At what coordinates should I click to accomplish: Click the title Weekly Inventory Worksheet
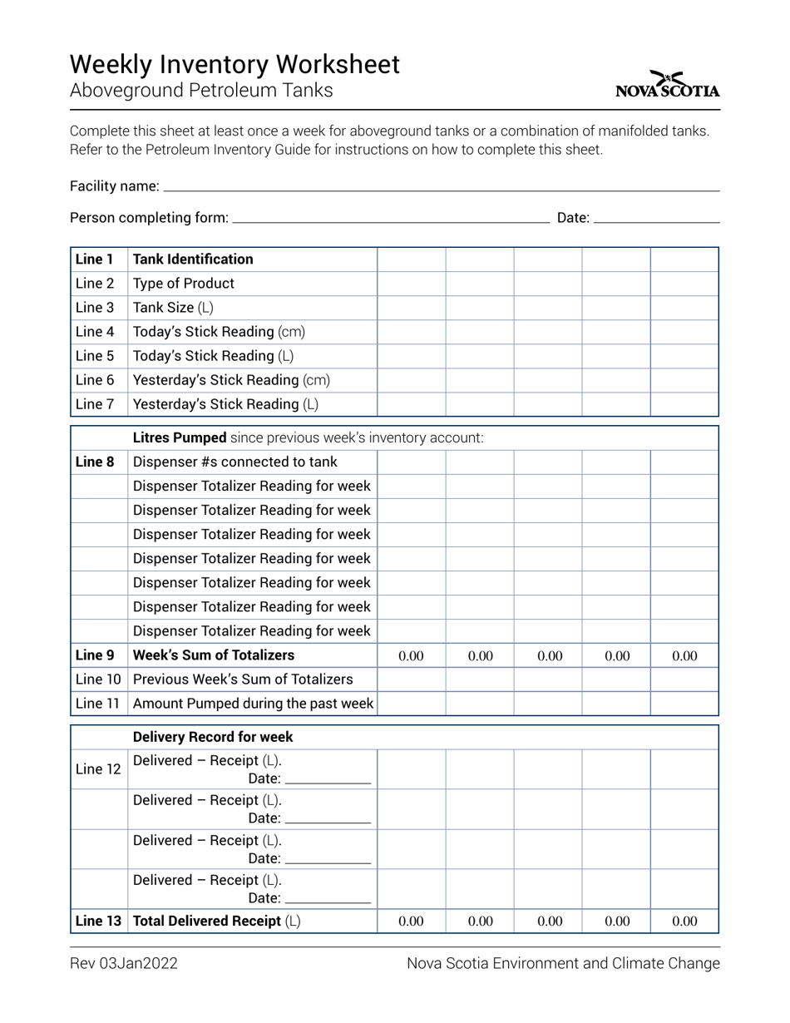235,64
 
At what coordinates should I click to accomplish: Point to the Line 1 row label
94,259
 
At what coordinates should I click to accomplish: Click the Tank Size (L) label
173,308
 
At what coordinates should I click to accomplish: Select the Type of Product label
184,284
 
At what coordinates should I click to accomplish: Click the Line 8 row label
94,462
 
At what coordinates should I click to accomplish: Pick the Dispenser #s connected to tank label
235,462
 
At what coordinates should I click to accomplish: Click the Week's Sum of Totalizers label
214,655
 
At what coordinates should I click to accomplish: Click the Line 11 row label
97,704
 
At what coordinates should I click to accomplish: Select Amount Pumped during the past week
253,704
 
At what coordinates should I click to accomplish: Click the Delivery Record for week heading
213,737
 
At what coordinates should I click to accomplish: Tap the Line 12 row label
97,769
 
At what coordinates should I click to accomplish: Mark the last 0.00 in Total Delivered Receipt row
684,922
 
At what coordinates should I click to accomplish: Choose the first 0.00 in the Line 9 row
411,655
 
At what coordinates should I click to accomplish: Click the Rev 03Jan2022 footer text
123,964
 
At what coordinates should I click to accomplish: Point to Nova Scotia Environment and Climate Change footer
563,964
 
